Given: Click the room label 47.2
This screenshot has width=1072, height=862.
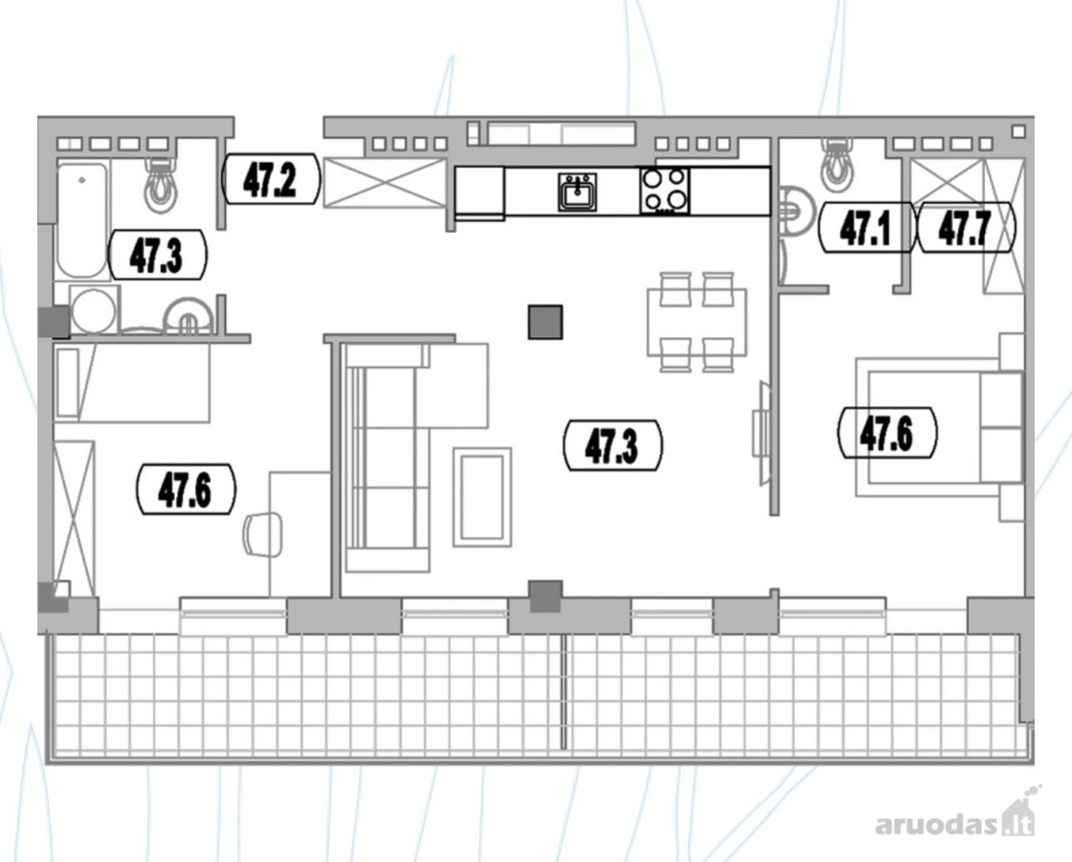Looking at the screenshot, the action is click(271, 179).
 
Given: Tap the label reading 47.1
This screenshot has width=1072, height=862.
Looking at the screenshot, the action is click(866, 228).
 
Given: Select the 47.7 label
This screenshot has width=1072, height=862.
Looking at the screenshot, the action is click(966, 228).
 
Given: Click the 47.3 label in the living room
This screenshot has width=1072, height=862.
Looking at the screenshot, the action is click(612, 446).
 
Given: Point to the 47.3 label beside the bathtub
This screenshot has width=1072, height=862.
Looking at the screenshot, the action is click(157, 255).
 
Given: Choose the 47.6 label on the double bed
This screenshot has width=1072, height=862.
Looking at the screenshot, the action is click(887, 432).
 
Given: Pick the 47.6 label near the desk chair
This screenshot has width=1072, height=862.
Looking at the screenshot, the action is click(186, 489).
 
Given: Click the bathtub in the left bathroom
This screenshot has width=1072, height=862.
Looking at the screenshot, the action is click(82, 219).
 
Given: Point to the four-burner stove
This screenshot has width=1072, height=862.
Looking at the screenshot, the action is click(665, 191).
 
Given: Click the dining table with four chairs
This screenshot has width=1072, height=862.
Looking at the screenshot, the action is click(698, 322).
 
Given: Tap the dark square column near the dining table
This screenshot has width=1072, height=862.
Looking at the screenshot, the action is click(546, 322).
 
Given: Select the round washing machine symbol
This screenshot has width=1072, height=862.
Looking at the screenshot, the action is click(94, 310).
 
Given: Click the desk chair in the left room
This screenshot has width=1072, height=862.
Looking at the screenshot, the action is click(263, 533).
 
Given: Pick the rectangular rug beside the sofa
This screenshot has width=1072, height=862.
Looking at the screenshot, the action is click(482, 497).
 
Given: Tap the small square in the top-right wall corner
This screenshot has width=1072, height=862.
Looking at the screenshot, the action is click(1018, 130).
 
